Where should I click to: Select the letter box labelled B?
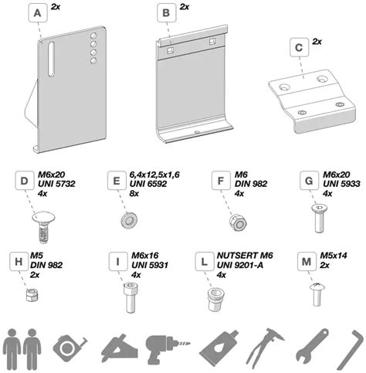click(x=164, y=13)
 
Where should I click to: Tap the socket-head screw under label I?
click(x=125, y=297)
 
